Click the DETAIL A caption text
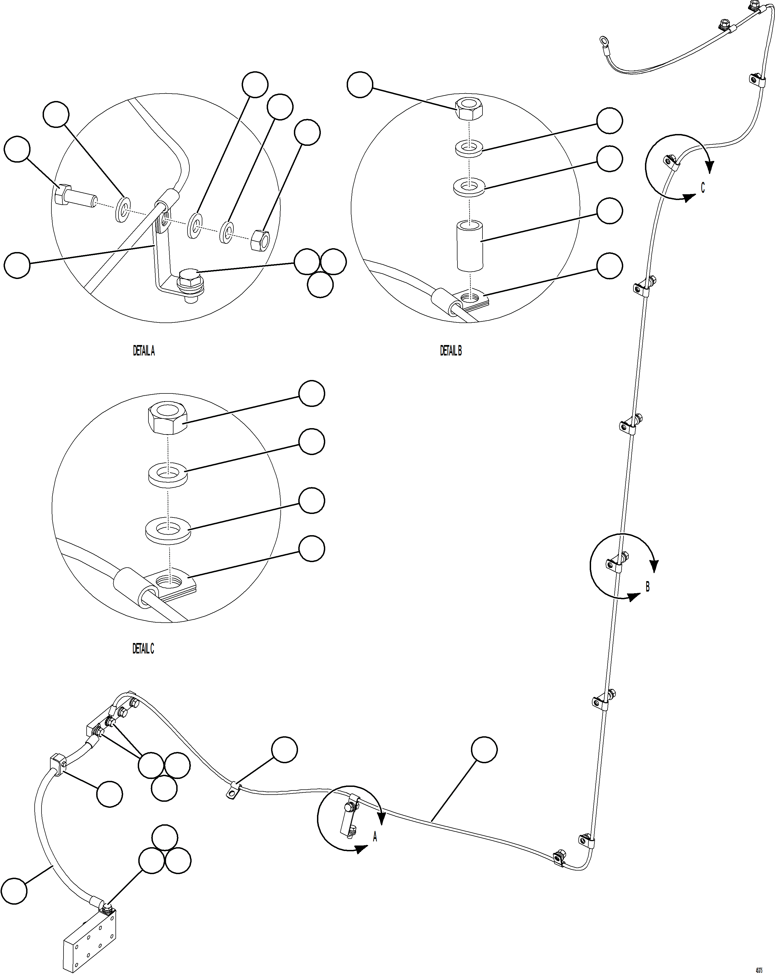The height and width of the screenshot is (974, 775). click(x=144, y=351)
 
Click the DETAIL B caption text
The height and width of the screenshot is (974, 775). click(x=451, y=351)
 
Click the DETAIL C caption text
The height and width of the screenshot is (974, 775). click(x=143, y=649)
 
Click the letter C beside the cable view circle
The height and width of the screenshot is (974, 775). click(x=702, y=187)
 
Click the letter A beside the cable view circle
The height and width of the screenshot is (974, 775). click(x=375, y=837)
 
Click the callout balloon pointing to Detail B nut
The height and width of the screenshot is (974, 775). click(x=360, y=84)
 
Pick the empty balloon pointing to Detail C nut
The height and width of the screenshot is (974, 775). click(x=311, y=393)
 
